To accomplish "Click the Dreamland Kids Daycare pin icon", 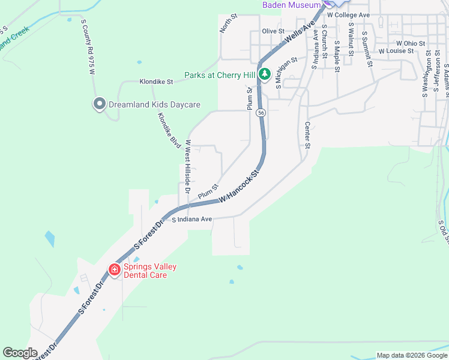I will click(99, 104).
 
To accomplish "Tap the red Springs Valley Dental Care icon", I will click(115, 270).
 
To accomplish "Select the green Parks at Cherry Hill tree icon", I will click(264, 75).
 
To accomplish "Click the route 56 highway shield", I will click(261, 112).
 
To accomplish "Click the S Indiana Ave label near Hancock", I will click(192, 220).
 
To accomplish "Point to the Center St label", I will click(307, 136).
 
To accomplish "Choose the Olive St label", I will click(272, 31).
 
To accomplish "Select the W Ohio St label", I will click(411, 43).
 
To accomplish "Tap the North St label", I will click(228, 25).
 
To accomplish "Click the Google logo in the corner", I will click(20, 353).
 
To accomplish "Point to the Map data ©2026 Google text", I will click(412, 355).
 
